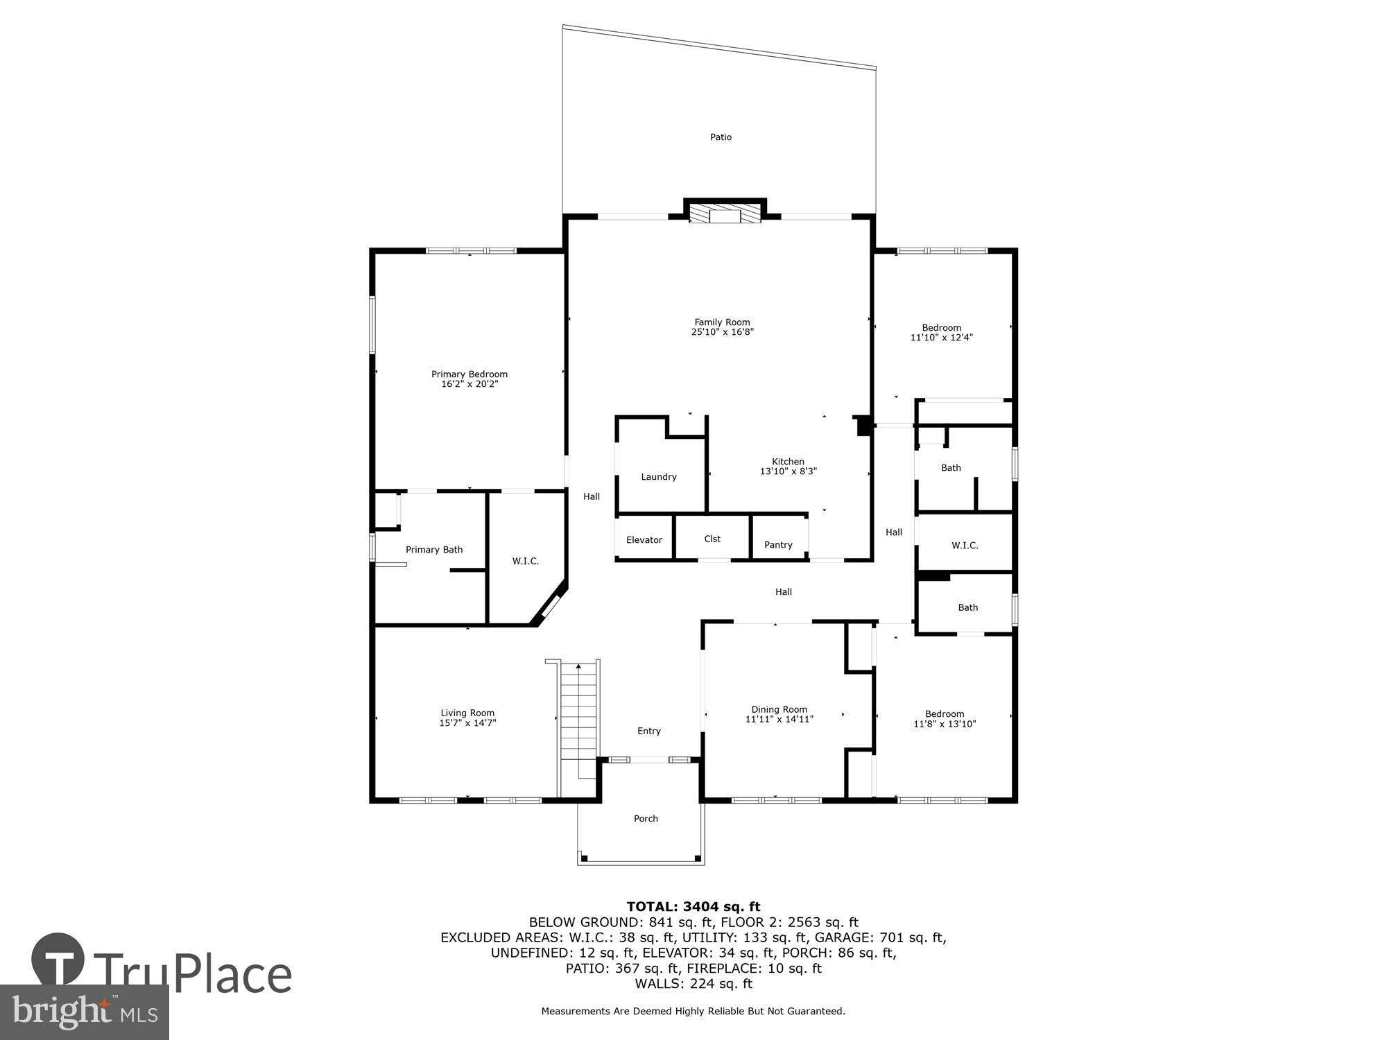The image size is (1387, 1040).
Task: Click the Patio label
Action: (x=721, y=137)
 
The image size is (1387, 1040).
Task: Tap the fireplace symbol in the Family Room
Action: (x=725, y=214)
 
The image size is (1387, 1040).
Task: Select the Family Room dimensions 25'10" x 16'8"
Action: (x=722, y=332)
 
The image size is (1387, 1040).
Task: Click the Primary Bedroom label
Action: (x=469, y=374)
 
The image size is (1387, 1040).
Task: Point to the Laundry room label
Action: (x=658, y=477)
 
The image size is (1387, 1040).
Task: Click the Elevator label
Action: (x=644, y=540)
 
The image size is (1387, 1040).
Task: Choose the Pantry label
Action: (x=778, y=545)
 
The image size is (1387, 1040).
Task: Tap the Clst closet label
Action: (x=712, y=539)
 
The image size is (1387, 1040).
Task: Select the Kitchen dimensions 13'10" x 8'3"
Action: (x=789, y=471)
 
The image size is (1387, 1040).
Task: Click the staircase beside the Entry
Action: (x=578, y=711)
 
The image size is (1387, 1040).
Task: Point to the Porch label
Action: (x=646, y=819)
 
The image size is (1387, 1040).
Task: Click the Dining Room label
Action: (x=779, y=709)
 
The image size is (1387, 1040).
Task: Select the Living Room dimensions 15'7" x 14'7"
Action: (x=467, y=723)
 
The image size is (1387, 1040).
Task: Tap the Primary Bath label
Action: (x=434, y=550)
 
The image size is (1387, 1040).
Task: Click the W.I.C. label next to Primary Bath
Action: (x=525, y=561)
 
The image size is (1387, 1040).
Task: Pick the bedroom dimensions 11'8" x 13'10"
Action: (x=945, y=724)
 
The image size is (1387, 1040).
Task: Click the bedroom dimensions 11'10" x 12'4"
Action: (x=941, y=338)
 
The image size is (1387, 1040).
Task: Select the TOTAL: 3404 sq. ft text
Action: (x=693, y=906)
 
